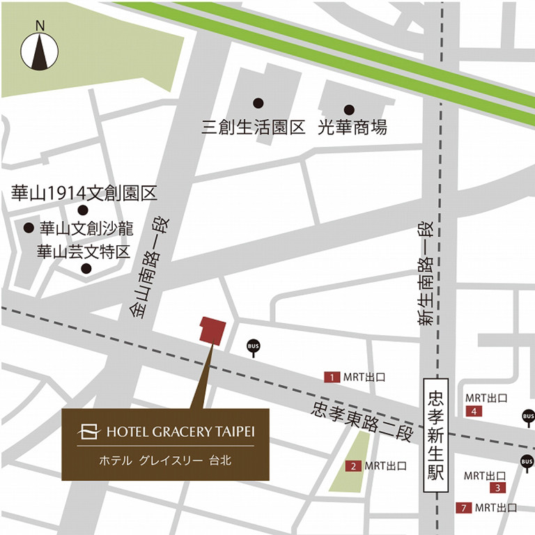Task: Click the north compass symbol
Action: (x=40, y=50)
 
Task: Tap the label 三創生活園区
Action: (x=254, y=127)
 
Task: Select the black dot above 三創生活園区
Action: (x=258, y=103)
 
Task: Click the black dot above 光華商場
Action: (x=349, y=109)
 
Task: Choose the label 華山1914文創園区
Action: (x=84, y=192)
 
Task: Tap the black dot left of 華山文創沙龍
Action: (x=29, y=228)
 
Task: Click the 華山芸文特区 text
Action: (x=84, y=251)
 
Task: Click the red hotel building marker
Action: (x=212, y=329)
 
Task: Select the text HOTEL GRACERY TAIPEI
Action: (x=180, y=432)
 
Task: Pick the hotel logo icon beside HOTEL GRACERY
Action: (x=89, y=432)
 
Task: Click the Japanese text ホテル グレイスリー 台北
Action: (x=165, y=460)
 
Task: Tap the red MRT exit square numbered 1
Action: (x=332, y=377)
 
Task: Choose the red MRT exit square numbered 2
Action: (x=355, y=466)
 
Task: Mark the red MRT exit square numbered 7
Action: (x=463, y=508)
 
